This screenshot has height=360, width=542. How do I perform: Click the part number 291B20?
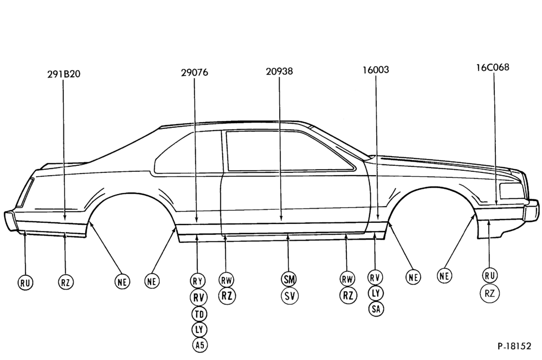(63, 74)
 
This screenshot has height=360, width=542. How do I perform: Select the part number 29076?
(195, 73)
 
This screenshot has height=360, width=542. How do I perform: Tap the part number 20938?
(279, 71)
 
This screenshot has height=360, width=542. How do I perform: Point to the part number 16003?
(376, 70)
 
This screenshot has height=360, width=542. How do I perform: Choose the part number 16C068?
(493, 67)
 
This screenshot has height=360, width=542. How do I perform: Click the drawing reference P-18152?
(514, 346)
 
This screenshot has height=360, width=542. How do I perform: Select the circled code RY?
(198, 280)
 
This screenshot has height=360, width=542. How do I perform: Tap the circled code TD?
(199, 314)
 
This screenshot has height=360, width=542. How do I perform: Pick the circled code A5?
(200, 345)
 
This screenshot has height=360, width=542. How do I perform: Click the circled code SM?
(289, 279)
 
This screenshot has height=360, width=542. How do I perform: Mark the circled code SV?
(289, 296)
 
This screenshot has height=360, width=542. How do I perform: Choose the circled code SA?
(376, 309)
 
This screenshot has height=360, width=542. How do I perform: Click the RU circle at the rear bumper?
(25, 283)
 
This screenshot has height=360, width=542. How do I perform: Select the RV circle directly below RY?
(198, 298)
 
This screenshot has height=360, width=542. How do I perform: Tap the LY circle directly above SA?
(376, 293)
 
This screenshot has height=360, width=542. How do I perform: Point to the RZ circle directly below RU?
(489, 294)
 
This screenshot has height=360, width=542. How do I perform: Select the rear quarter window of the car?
(186, 152)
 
